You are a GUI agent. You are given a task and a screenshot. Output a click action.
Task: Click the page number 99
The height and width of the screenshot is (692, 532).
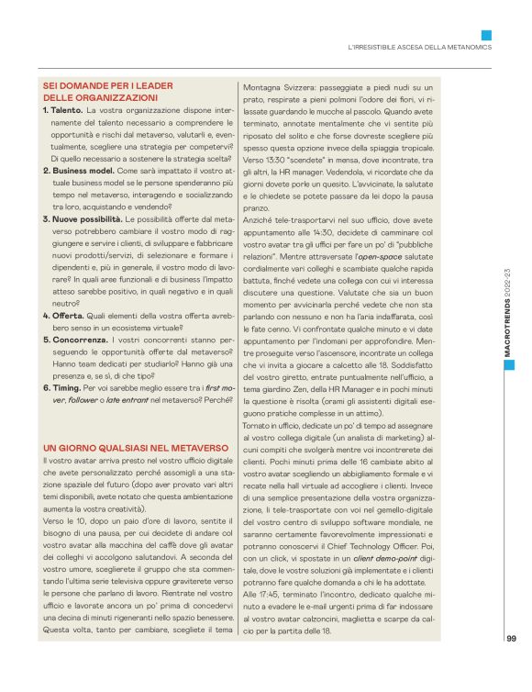click(x=511, y=640)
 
